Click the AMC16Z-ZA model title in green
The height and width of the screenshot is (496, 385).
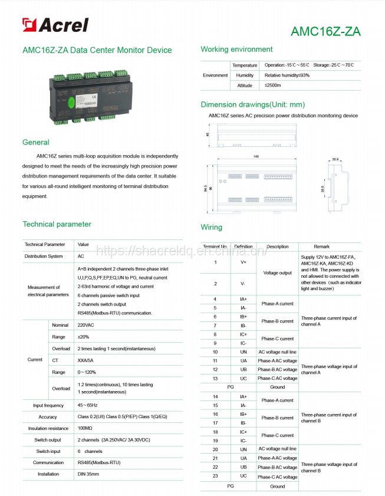point(325,32)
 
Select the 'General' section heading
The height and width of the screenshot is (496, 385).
point(36,142)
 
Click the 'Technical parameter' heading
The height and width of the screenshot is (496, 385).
point(57,224)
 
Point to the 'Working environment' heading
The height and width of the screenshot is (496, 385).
point(236,50)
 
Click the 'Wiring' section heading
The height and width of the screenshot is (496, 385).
point(212,227)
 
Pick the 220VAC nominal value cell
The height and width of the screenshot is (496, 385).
point(86,325)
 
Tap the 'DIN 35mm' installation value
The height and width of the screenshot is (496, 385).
point(88,474)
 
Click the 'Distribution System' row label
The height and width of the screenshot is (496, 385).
point(44,257)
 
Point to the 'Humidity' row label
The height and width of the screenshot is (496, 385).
point(245,75)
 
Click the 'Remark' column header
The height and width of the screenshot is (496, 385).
point(322,247)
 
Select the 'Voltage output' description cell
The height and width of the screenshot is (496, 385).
point(277,273)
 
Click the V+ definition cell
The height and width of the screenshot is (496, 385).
point(243,262)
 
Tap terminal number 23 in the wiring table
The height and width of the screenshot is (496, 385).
point(215,476)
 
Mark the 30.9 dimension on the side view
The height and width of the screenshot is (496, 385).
point(335,159)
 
